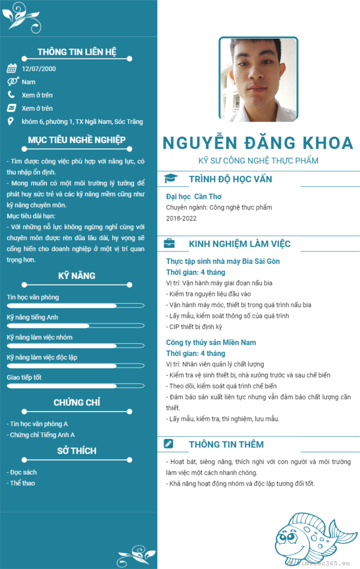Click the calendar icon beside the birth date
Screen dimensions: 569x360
pyautogui.click(x=11, y=69)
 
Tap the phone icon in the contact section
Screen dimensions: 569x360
pyautogui.click(x=11, y=95)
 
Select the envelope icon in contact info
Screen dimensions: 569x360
pyautogui.click(x=11, y=108)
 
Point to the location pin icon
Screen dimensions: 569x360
pyautogui.click(x=11, y=121)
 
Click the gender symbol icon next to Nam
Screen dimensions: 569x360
pyautogui.click(x=12, y=82)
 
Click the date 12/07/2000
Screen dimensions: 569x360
pyautogui.click(x=39, y=69)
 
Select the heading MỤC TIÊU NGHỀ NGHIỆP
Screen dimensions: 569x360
pyautogui.click(x=77, y=140)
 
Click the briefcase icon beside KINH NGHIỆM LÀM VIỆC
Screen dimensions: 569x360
pyautogui.click(x=169, y=243)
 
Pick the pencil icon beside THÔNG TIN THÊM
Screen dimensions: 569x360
pyautogui.click(x=168, y=444)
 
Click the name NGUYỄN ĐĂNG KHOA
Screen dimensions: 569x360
pyautogui.click(x=258, y=143)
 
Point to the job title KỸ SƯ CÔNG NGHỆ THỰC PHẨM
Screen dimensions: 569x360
pyautogui.click(x=258, y=160)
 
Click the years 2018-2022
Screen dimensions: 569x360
pyautogui.click(x=181, y=218)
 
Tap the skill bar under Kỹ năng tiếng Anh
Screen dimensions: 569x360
pyautogui.click(x=76, y=326)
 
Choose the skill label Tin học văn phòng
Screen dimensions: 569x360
pyautogui.click(x=33, y=297)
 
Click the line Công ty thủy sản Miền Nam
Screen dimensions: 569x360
pyautogui.click(x=211, y=342)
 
